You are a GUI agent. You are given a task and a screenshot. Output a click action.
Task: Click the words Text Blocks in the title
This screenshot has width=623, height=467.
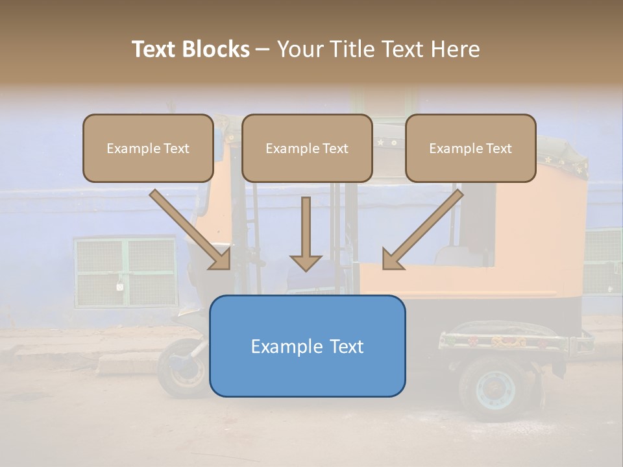[x=191, y=49]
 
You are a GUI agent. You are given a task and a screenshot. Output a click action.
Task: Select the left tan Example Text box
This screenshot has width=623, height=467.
[x=148, y=148]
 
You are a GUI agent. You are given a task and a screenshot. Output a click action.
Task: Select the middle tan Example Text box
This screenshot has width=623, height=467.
[x=307, y=148]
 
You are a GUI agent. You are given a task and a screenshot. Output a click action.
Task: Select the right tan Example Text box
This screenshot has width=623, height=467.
[x=470, y=148]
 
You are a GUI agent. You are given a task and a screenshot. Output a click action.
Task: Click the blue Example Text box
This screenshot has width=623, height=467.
[x=307, y=346]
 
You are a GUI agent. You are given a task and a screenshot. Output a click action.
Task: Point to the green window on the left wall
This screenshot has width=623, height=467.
[x=125, y=271]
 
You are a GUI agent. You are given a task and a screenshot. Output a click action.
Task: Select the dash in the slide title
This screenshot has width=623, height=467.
[x=263, y=49]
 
